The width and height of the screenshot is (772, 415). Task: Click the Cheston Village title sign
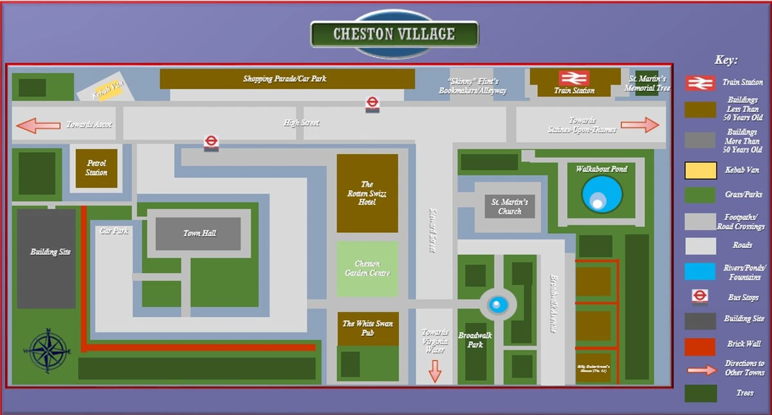pyautogui.click(x=394, y=34)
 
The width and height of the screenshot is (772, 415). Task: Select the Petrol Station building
pyautogui.click(x=96, y=168)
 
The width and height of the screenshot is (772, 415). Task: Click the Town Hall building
pyautogui.click(x=199, y=233)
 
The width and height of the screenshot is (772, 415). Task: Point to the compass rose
pyautogui.click(x=49, y=351)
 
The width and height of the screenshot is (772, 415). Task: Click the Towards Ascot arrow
pyautogui.click(x=38, y=125)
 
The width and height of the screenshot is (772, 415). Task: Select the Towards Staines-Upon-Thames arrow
pyautogui.click(x=639, y=125)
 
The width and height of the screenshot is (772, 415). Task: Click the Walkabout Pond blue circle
pyautogui.click(x=602, y=194)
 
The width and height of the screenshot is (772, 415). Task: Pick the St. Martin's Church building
pyautogui.click(x=510, y=206)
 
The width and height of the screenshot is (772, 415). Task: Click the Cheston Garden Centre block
pyautogui.click(x=367, y=269)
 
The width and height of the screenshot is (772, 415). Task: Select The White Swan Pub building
pyautogui.click(x=367, y=328)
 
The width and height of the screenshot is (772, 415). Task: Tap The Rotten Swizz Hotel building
pyautogui.click(x=367, y=193)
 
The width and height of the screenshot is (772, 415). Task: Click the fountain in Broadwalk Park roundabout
pyautogui.click(x=497, y=304)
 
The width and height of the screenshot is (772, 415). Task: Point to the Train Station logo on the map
pyautogui.click(x=574, y=79)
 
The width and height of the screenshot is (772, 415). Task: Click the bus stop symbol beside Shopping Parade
pyautogui.click(x=372, y=104)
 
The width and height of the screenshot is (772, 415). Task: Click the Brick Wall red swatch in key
pyautogui.click(x=700, y=346)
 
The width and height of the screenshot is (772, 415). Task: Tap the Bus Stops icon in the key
pyautogui.click(x=700, y=296)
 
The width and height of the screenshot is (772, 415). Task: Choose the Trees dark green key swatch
pyautogui.click(x=700, y=393)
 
